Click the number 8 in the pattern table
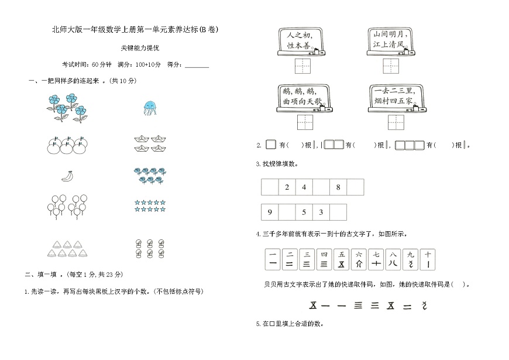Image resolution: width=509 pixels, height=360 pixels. (x=338, y=187)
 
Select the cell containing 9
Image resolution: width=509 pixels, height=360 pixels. (x=270, y=212)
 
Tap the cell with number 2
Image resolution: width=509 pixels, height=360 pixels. (x=287, y=187)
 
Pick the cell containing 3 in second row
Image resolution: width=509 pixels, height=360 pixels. (x=321, y=212)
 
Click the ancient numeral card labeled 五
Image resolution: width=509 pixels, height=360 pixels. (x=341, y=259)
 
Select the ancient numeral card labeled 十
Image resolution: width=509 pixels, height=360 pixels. (x=429, y=259)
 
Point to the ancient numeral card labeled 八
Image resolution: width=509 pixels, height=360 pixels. (x=394, y=259)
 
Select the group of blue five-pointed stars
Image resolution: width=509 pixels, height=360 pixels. (x=150, y=206)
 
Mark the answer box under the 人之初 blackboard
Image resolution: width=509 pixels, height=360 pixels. (x=304, y=66)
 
